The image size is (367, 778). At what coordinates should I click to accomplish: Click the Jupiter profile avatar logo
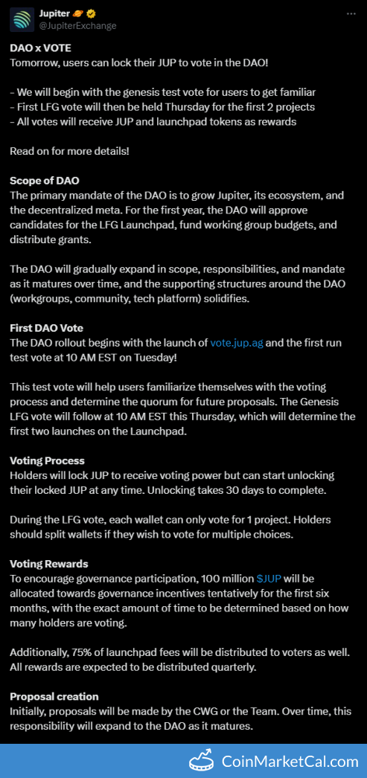point(22,20)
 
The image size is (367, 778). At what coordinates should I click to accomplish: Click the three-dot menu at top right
point(350,14)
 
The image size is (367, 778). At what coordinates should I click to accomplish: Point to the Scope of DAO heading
point(45,181)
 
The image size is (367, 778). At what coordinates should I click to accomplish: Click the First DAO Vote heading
point(46,328)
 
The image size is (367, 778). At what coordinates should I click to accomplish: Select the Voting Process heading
point(47,461)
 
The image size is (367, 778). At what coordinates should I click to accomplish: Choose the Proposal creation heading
point(54,696)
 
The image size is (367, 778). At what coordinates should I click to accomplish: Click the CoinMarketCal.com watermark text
point(290,761)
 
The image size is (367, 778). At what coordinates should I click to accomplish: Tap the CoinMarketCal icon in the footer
point(202,761)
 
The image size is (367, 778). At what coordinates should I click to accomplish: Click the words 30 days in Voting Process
point(246,489)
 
